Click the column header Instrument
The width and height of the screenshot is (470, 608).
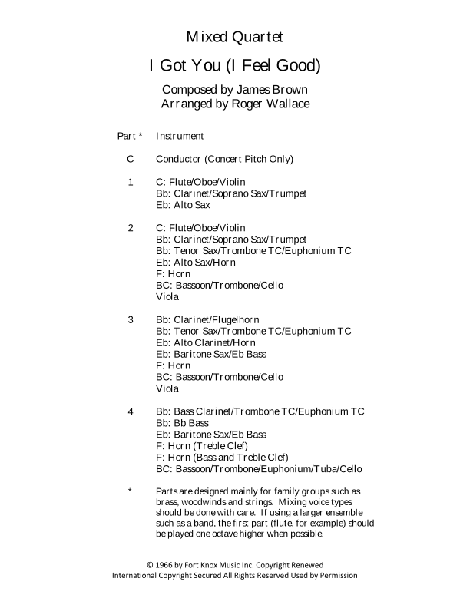180,137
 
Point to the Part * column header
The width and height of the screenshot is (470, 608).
130,137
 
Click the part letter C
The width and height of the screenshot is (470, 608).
131,160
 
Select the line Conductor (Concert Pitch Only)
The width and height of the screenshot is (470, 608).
224,160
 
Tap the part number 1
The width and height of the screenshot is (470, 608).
131,183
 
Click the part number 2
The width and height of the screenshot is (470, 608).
131,228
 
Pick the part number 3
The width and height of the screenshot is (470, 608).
131,319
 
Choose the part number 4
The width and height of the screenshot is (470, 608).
131,411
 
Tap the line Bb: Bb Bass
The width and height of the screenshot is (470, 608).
182,423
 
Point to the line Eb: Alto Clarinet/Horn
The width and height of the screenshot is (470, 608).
206,342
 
